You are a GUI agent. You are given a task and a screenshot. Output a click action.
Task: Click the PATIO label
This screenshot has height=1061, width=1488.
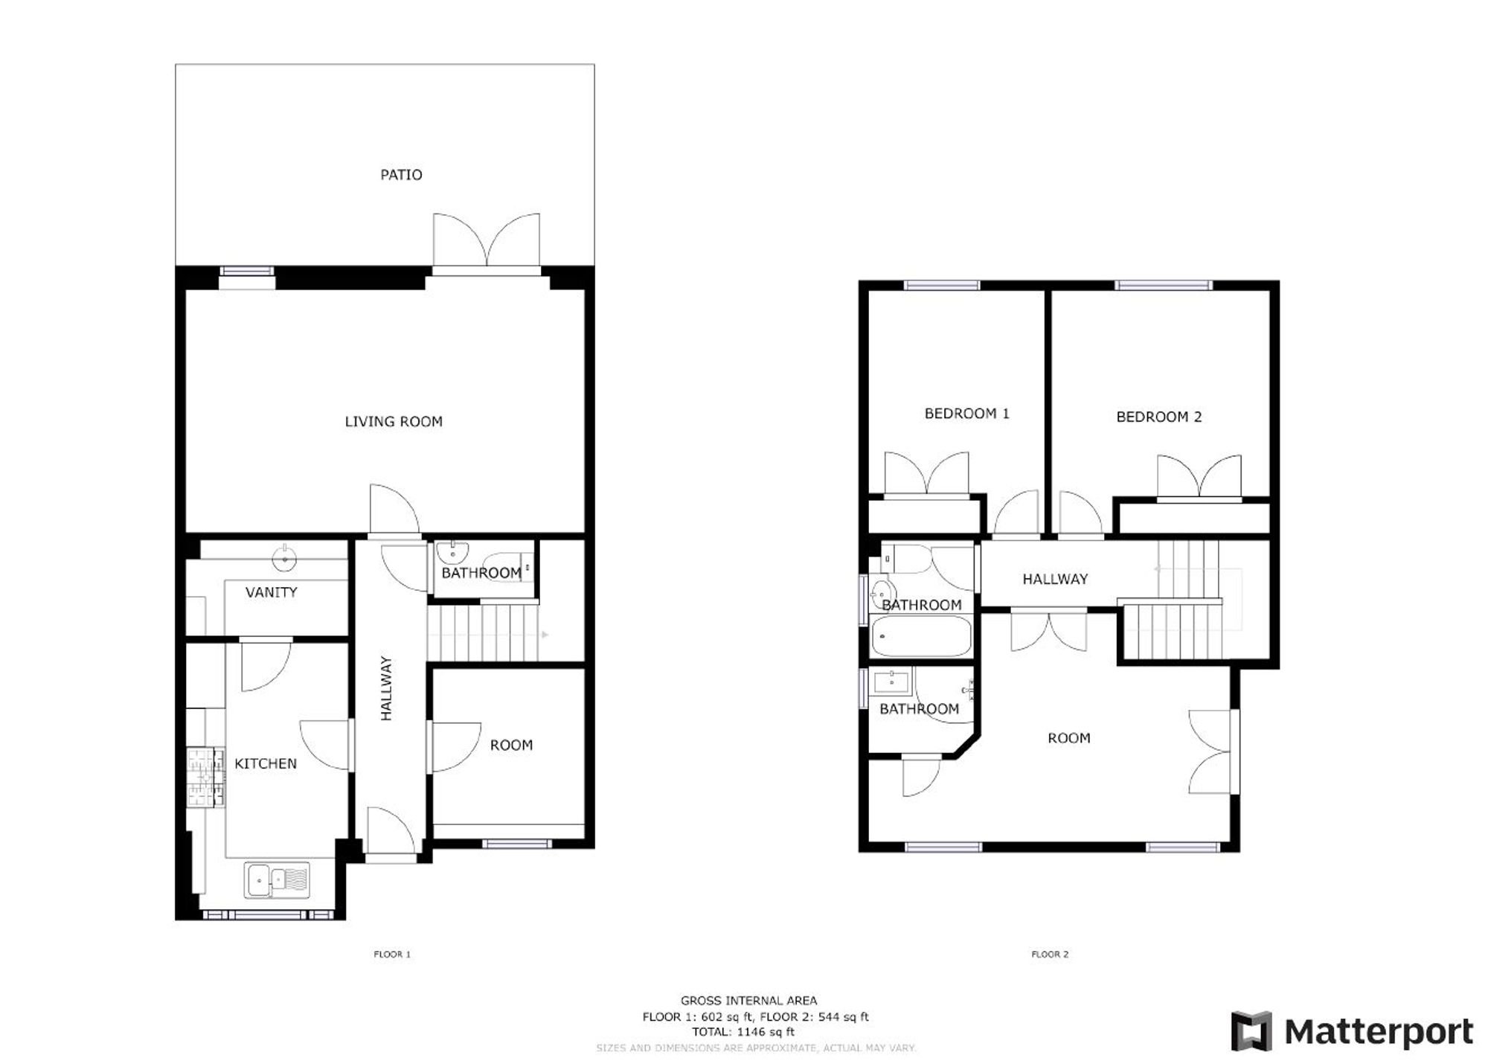(401, 175)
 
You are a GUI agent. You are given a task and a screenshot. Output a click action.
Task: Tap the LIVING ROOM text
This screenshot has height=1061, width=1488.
(394, 422)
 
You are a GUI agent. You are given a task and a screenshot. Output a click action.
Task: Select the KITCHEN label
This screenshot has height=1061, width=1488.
(266, 764)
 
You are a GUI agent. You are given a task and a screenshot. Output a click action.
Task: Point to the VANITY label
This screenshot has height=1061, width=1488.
(272, 592)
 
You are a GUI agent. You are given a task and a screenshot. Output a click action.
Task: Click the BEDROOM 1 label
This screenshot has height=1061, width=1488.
(967, 414)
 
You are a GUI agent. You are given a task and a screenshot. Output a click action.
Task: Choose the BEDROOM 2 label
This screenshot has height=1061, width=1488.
(1159, 417)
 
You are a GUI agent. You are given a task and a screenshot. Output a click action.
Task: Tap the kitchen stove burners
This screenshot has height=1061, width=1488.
(205, 778)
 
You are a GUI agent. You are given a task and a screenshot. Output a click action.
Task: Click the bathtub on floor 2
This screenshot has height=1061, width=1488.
(921, 636)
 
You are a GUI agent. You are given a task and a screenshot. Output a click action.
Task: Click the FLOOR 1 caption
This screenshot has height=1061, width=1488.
(392, 955)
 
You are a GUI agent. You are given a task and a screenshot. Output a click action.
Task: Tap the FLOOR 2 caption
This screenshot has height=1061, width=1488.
(1050, 955)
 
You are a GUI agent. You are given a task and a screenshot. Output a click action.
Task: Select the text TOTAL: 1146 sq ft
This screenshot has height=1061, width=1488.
(743, 1032)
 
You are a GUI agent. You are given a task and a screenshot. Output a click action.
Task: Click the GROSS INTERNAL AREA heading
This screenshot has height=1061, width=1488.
(748, 1001)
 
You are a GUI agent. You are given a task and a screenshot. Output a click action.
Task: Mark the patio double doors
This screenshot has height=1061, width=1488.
(487, 242)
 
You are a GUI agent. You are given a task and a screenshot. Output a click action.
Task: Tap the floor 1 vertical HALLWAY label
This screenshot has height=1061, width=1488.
(386, 688)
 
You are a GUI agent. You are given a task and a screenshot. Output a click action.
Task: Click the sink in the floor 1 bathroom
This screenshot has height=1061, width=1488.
(452, 553)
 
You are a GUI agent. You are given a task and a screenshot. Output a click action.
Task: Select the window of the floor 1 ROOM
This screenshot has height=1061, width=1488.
(516, 844)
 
